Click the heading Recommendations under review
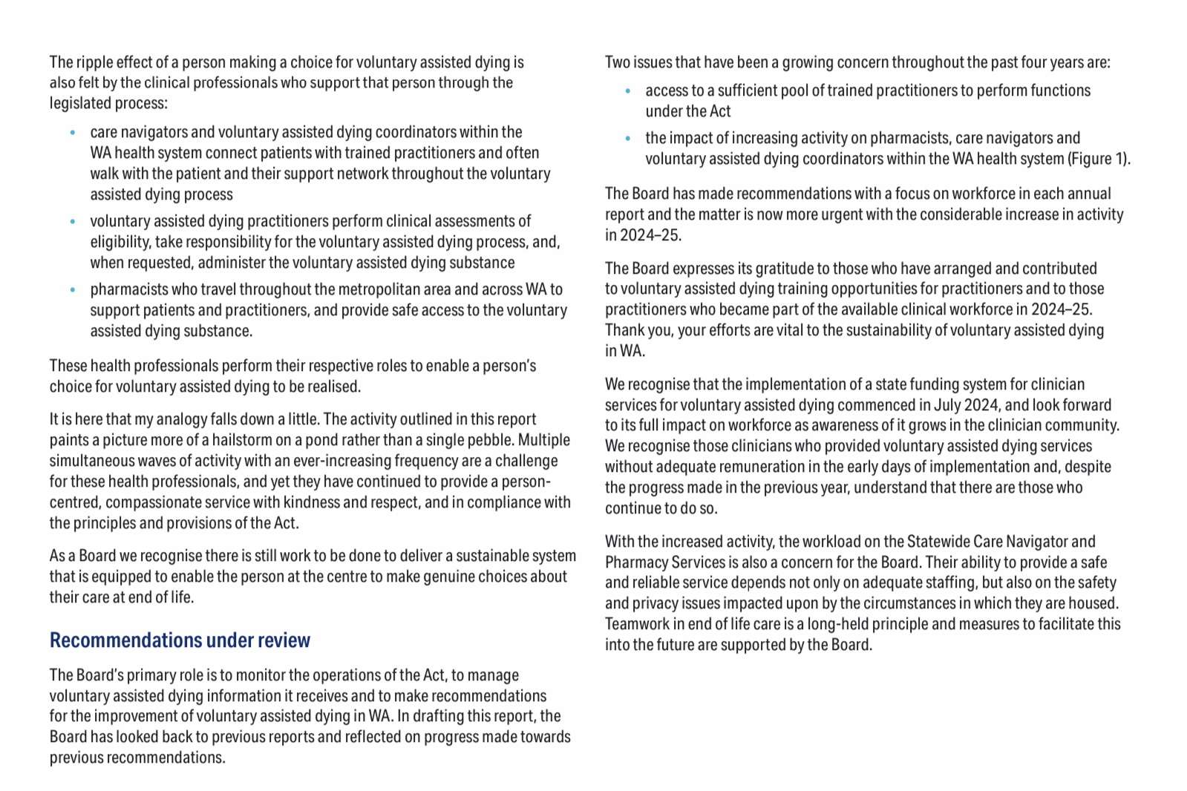click(x=180, y=640)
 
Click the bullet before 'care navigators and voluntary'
click(x=73, y=133)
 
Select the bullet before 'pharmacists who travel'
click(x=73, y=290)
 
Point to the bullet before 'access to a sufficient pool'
click(x=628, y=91)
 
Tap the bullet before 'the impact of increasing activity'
click(x=628, y=139)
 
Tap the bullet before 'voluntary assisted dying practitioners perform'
click(x=73, y=222)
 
